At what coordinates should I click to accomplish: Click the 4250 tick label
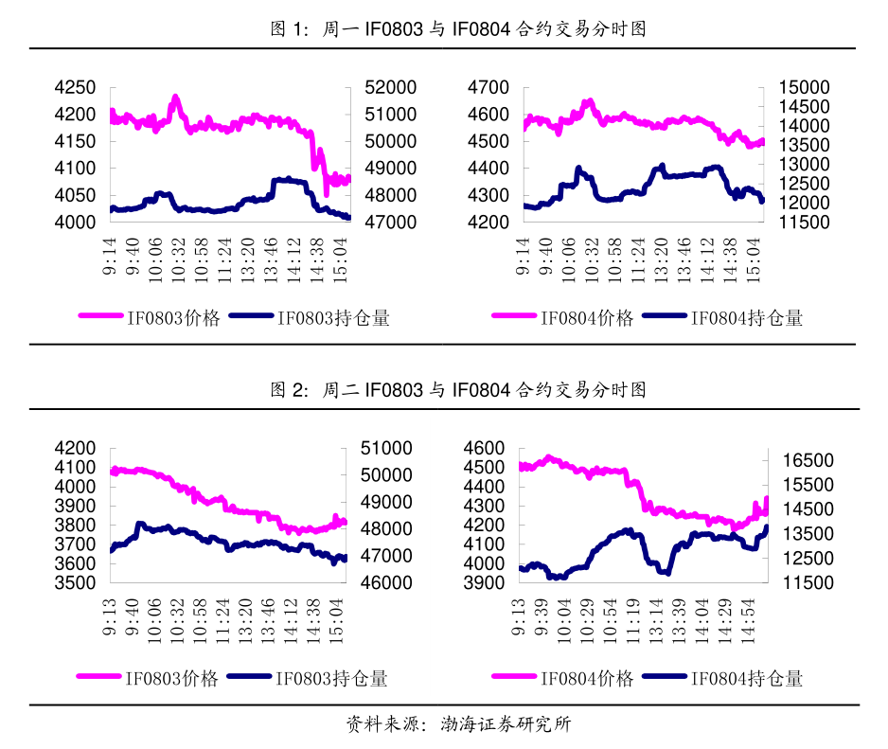(x=76, y=88)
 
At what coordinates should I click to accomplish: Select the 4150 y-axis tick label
(x=76, y=142)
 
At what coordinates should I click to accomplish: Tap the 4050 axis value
(x=76, y=196)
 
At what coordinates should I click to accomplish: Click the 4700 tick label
(x=489, y=88)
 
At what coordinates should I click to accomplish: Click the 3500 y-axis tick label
(x=76, y=583)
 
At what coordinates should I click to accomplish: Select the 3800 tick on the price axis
(x=76, y=526)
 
